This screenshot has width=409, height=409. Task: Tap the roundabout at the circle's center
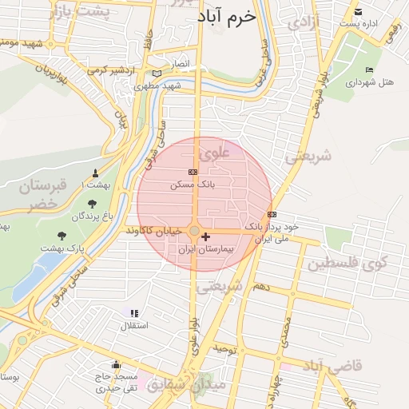pyautogui.click(x=194, y=231)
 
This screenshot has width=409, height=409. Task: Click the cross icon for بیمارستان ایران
pyautogui.click(x=207, y=236)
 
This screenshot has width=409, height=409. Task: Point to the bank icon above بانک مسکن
pyautogui.click(x=193, y=172)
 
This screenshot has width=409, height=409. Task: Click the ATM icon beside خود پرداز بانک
pyautogui.click(x=272, y=214)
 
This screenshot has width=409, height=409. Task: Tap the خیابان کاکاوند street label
pyautogui.click(x=156, y=230)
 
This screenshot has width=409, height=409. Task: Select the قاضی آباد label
pyautogui.click(x=333, y=366)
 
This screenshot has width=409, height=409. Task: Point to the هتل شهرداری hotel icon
pyautogui.click(x=368, y=70)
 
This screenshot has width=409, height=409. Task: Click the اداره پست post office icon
pyautogui.click(x=359, y=12)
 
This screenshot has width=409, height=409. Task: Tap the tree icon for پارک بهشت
pyautogui.click(x=62, y=236)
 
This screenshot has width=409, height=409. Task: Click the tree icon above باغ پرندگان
pyautogui.click(x=93, y=204)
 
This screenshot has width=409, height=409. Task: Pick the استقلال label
pyautogui.click(x=129, y=326)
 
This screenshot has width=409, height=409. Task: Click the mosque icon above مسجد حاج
pyautogui.click(x=117, y=364)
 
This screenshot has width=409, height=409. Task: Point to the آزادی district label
pyautogui.click(x=303, y=23)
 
